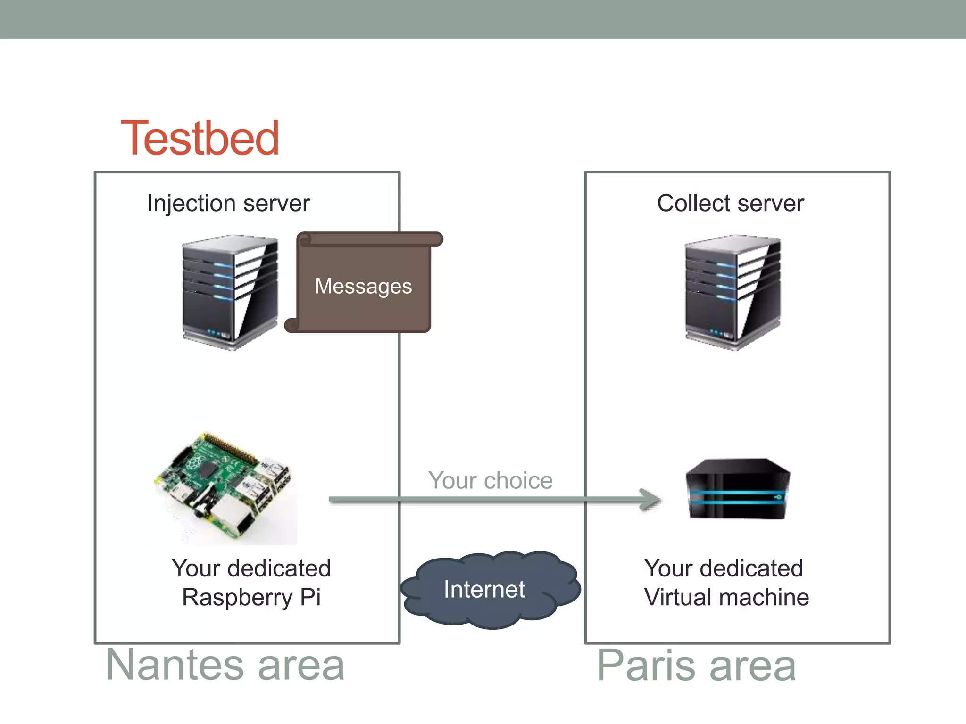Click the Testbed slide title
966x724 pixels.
coord(200,139)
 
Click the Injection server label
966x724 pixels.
coord(228,204)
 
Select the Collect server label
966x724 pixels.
coord(730,204)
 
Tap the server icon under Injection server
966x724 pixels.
coord(230,292)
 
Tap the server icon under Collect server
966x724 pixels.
coord(733,292)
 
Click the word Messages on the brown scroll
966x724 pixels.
coord(363,286)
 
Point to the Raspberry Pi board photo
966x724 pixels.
coord(224,488)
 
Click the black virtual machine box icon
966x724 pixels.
coord(737,489)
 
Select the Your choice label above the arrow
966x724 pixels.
coord(490,481)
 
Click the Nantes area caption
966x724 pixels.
coord(225,666)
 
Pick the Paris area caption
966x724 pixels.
coord(696,666)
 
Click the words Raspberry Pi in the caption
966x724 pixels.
coord(251,598)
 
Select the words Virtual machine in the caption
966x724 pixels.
coord(726,598)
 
